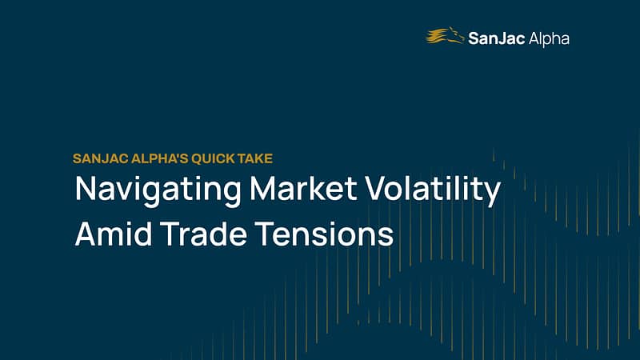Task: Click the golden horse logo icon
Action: coord(445,35)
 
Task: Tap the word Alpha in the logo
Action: coord(549,39)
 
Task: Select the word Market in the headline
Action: coord(304,188)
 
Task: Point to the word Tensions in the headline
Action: coord(325,233)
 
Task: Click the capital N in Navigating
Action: coord(86,188)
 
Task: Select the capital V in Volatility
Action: coord(376,188)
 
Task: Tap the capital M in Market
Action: coord(264,188)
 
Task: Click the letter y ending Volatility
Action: coord(492,194)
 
